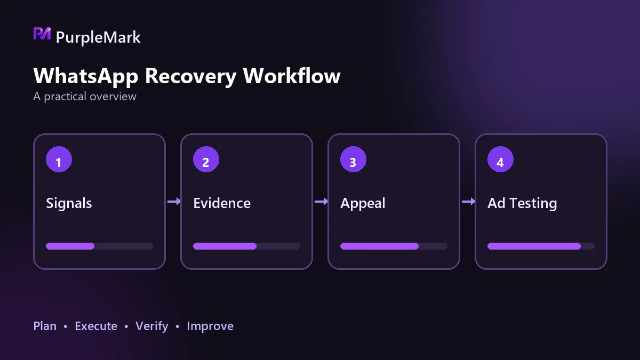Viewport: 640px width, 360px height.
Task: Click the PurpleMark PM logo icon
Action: click(x=42, y=34)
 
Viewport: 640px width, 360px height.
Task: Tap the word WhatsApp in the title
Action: click(x=86, y=76)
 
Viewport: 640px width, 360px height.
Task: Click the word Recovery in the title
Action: click(x=190, y=76)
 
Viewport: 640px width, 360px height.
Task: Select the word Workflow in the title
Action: click(x=292, y=75)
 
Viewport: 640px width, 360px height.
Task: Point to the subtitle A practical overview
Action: click(x=85, y=97)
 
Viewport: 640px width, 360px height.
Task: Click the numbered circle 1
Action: click(x=59, y=159)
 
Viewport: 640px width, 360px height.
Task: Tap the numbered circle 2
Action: click(x=206, y=159)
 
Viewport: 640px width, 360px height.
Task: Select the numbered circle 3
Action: click(x=353, y=159)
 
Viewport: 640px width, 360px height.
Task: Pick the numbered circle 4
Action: click(x=500, y=159)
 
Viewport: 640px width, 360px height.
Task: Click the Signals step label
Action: click(x=69, y=203)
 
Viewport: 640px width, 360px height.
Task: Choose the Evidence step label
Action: click(x=222, y=203)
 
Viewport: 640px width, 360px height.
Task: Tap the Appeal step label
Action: click(x=363, y=203)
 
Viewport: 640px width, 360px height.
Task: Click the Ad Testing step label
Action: click(x=522, y=203)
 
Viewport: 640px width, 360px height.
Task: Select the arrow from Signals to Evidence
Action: click(x=174, y=202)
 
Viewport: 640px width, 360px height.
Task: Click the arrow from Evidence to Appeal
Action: click(x=321, y=202)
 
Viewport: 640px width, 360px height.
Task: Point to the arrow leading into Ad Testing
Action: click(x=468, y=202)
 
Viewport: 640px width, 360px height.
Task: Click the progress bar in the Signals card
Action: click(x=99, y=246)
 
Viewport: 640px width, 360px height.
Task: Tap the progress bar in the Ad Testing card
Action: click(x=541, y=246)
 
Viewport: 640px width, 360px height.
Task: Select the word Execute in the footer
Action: click(x=96, y=326)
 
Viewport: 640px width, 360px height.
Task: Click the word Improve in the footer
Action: click(x=210, y=326)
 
